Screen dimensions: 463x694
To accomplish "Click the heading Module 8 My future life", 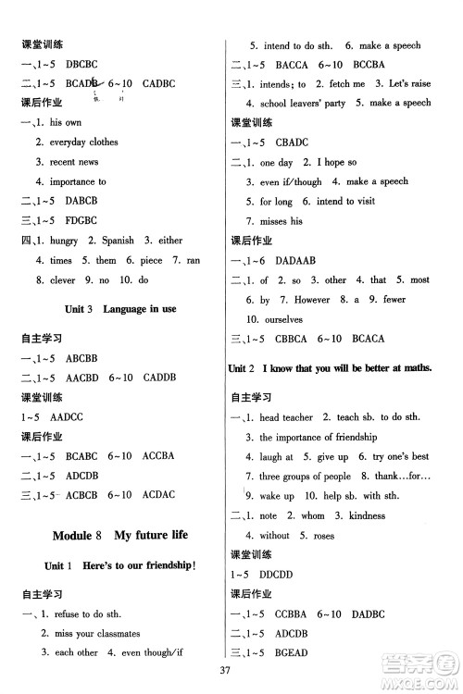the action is [114, 535].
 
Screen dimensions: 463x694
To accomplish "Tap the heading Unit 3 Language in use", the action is [114, 308].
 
